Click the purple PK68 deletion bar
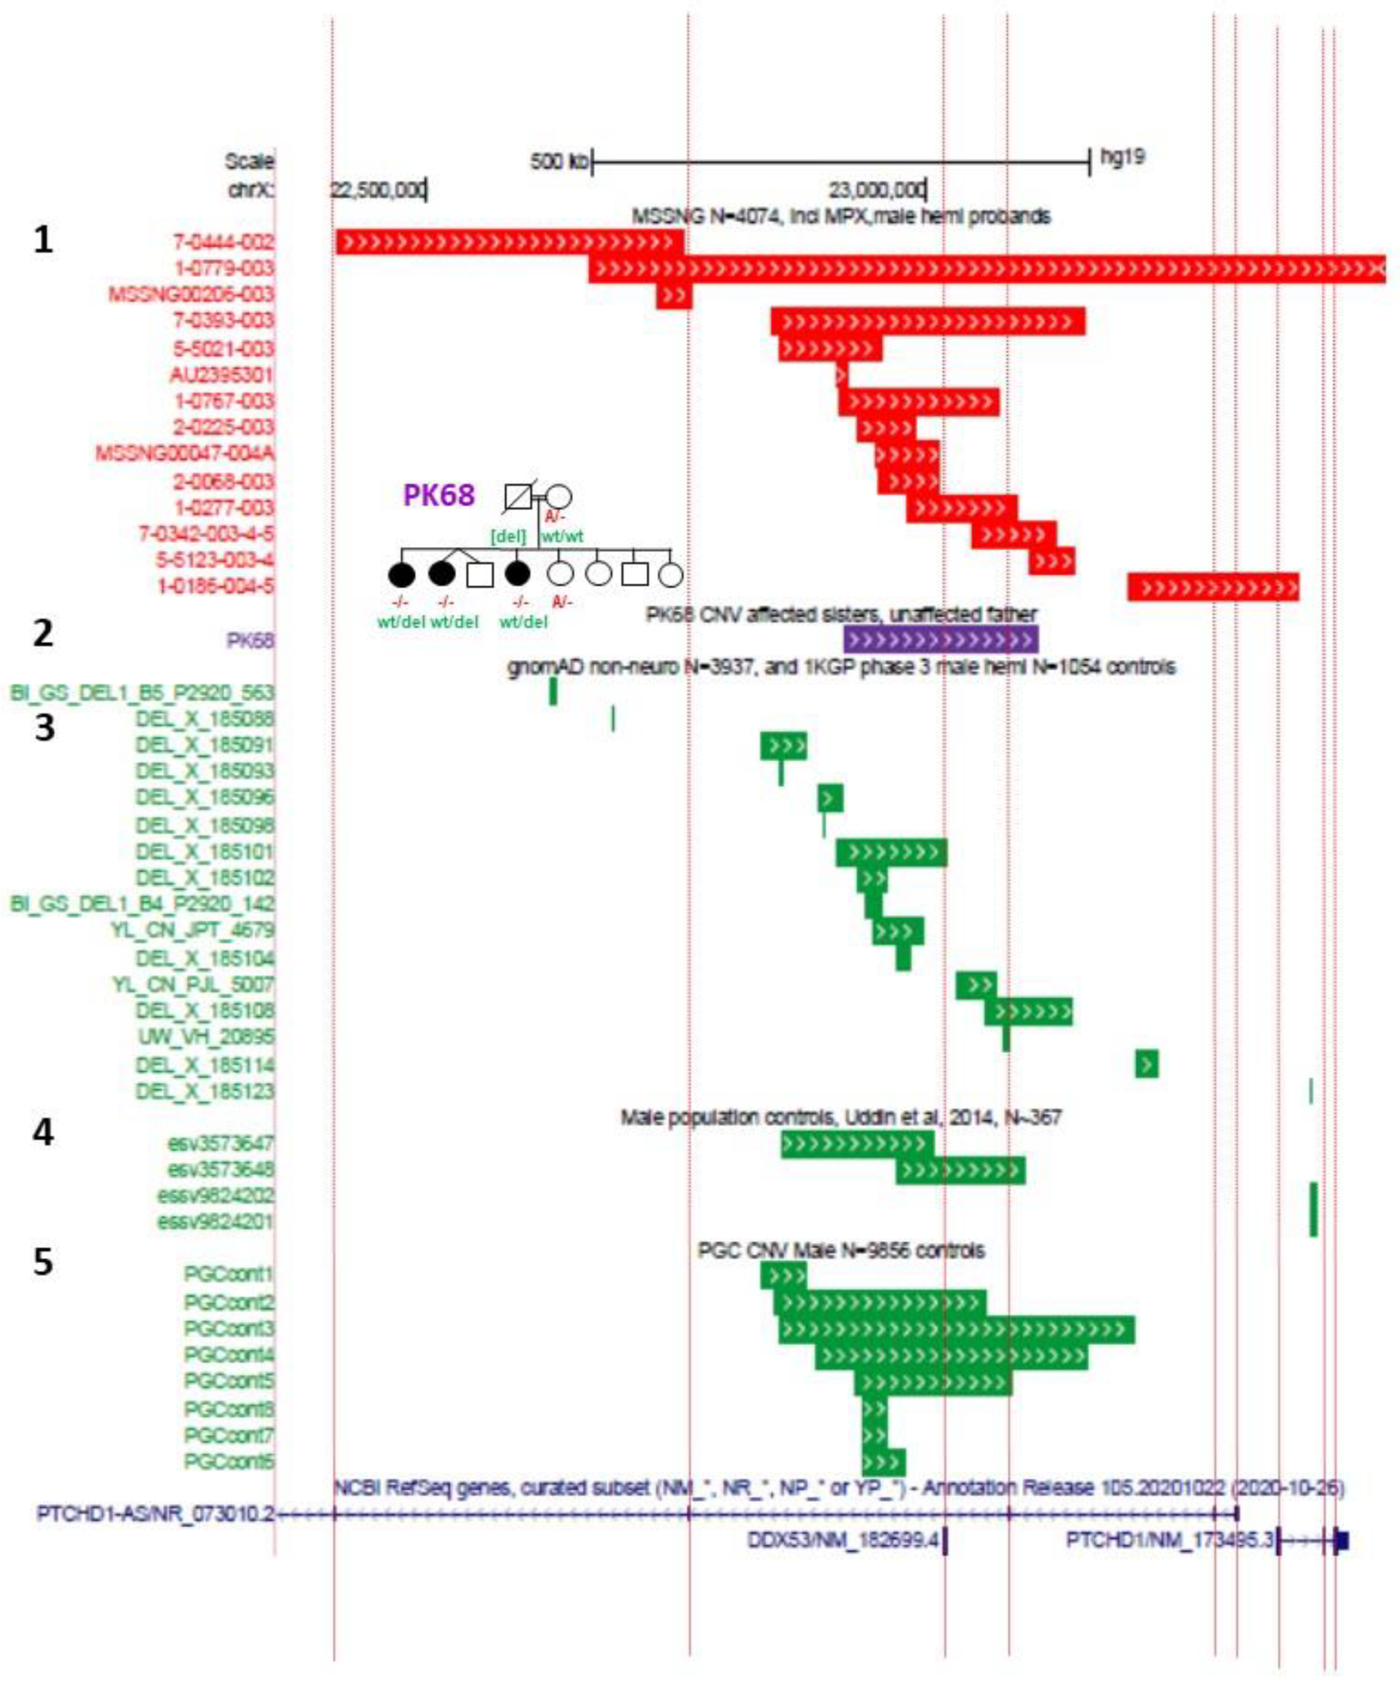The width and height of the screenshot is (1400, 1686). point(940,640)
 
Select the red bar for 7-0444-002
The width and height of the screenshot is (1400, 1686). point(510,242)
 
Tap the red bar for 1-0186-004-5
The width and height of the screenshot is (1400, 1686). point(1213,587)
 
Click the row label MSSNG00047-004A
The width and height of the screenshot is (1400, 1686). point(185,454)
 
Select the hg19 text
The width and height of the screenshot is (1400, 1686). point(1122,156)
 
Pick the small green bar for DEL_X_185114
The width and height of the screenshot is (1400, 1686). point(1146,1064)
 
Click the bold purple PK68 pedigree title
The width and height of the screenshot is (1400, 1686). point(439,495)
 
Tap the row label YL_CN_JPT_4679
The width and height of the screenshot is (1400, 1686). point(193,930)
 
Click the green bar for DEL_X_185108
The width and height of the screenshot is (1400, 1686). point(1028,1011)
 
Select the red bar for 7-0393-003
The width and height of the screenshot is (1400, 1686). point(928,321)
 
